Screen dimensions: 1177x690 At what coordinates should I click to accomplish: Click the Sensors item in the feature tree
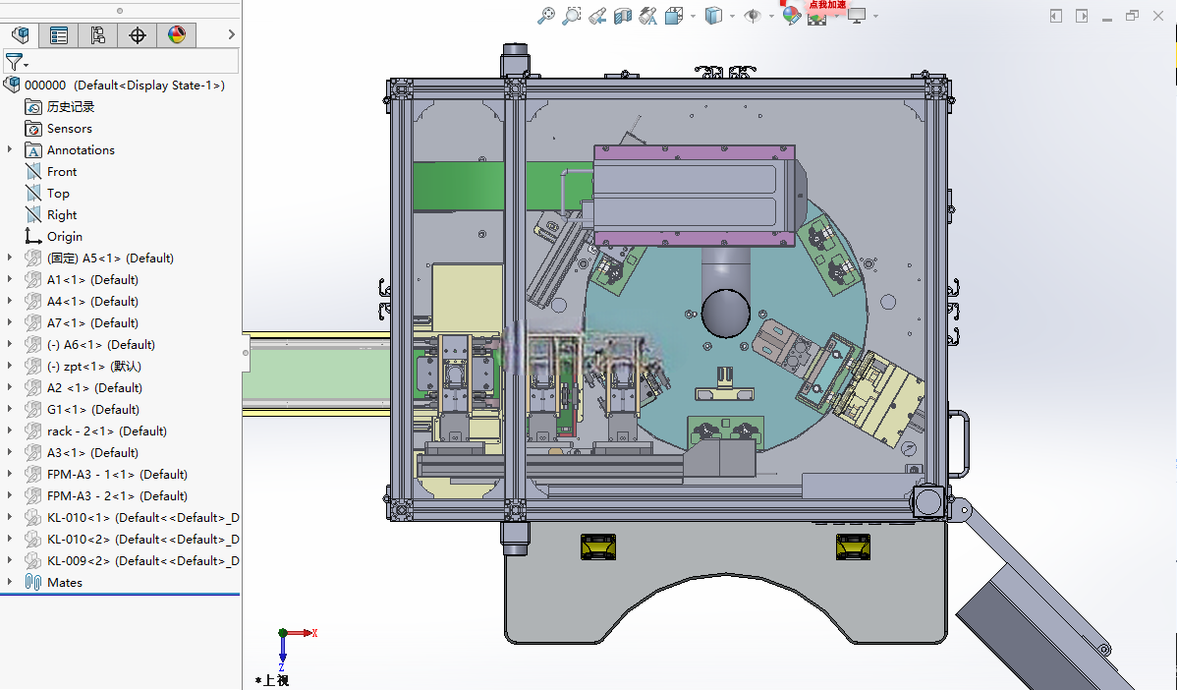tap(69, 129)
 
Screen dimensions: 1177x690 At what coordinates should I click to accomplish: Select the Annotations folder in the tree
tap(81, 150)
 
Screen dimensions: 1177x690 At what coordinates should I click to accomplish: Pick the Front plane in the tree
tap(62, 172)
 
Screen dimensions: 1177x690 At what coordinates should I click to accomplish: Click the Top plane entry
tap(58, 193)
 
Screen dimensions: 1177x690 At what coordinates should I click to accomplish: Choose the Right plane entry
tap(62, 214)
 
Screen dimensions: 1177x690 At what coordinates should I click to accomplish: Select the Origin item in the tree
tap(65, 237)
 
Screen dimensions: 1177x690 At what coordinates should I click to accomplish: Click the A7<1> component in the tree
tap(92, 322)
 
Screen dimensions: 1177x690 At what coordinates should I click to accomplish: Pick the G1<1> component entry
tap(93, 409)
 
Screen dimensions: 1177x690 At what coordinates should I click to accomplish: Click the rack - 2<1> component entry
tap(106, 431)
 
